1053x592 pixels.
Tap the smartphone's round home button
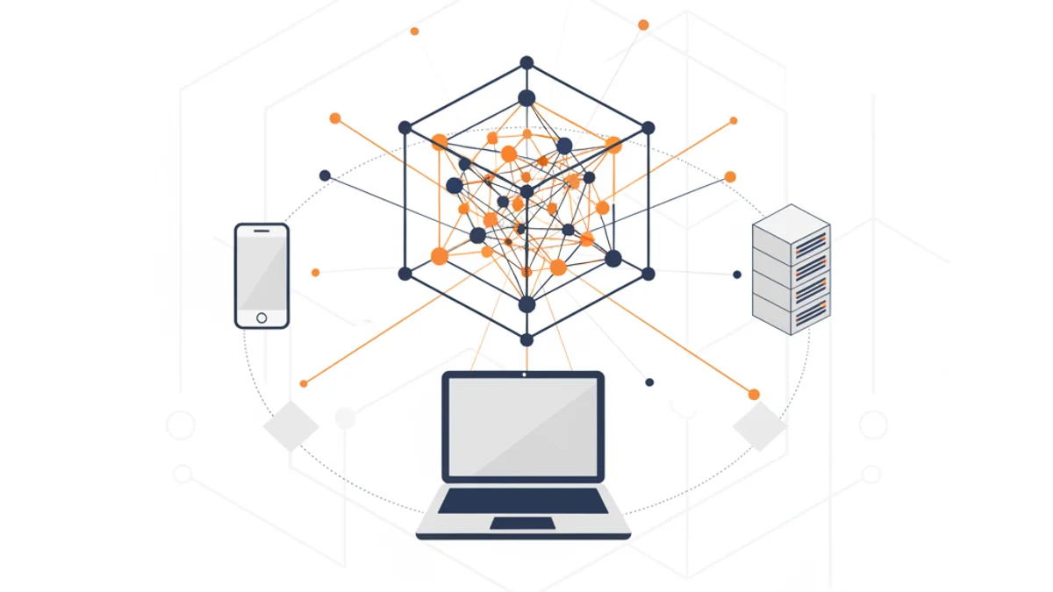pyautogui.click(x=261, y=317)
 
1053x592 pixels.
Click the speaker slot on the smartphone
pyautogui.click(x=261, y=231)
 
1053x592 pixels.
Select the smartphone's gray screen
pyautogui.click(x=261, y=272)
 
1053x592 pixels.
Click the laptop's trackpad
pyautogui.click(x=522, y=524)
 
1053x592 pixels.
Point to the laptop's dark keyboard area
pyautogui.click(x=523, y=501)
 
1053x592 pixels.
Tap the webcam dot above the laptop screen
pyautogui.click(x=524, y=374)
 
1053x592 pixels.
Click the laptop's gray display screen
pyautogui.click(x=523, y=426)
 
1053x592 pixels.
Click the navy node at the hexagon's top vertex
pyautogui.click(x=526, y=62)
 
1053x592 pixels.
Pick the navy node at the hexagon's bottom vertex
pyautogui.click(x=526, y=339)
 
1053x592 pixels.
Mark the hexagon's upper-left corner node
pyautogui.click(x=405, y=128)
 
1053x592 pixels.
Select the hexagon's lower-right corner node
pyautogui.click(x=648, y=274)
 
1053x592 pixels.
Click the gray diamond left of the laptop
pyautogui.click(x=290, y=425)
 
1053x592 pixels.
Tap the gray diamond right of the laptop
pyautogui.click(x=760, y=425)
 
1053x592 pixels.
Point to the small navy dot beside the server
pyautogui.click(x=737, y=275)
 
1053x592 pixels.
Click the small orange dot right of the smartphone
pyautogui.click(x=316, y=273)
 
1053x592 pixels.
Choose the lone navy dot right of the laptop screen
pyautogui.click(x=649, y=382)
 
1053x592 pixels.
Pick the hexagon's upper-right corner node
pyautogui.click(x=648, y=128)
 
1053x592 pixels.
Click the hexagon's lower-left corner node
pyautogui.click(x=405, y=274)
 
